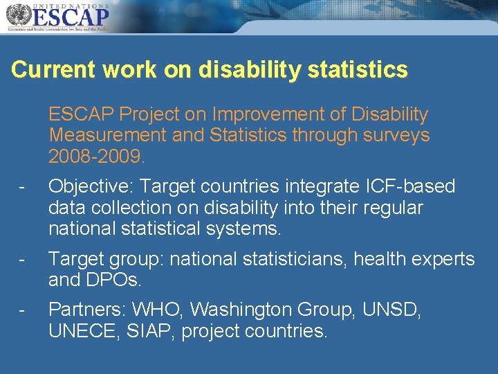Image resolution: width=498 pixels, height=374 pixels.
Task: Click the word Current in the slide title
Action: [x=53, y=70]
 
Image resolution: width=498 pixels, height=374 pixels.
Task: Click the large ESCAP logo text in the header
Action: [x=68, y=15]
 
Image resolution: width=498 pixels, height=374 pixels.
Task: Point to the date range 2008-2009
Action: [x=96, y=157]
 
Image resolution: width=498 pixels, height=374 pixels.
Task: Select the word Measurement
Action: [x=107, y=135]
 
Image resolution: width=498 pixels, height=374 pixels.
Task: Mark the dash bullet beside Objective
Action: [x=22, y=188]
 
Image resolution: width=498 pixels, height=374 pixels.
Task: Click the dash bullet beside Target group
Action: [x=22, y=260]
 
